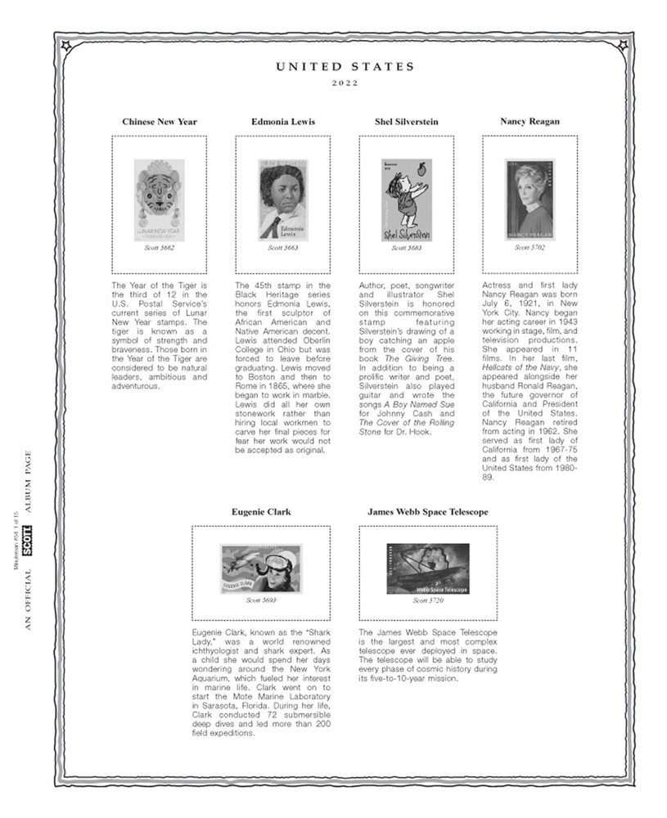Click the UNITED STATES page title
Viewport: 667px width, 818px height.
pos(345,67)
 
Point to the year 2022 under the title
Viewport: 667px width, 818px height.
pos(345,84)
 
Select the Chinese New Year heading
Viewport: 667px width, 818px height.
pos(160,122)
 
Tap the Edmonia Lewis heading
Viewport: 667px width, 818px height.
pos(283,122)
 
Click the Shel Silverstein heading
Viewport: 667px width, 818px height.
pos(407,122)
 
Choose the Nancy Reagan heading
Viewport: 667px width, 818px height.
pos(530,122)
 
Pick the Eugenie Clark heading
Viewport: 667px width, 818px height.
pos(261,512)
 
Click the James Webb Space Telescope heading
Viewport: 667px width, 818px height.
pos(428,512)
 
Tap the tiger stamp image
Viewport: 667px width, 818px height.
pos(160,199)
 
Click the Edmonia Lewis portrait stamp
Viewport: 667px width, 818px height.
pos(283,199)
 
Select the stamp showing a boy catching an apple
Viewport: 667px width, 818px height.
pos(406,199)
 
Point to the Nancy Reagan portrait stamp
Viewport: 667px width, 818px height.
pos(530,199)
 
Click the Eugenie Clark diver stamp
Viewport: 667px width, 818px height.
pos(261,569)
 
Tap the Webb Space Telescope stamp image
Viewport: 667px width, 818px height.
pos(428,569)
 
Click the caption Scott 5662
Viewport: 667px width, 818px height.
pos(160,247)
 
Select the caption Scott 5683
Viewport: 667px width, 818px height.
pos(406,247)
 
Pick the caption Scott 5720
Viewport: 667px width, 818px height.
pos(428,600)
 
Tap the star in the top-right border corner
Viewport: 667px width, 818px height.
pos(624,45)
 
